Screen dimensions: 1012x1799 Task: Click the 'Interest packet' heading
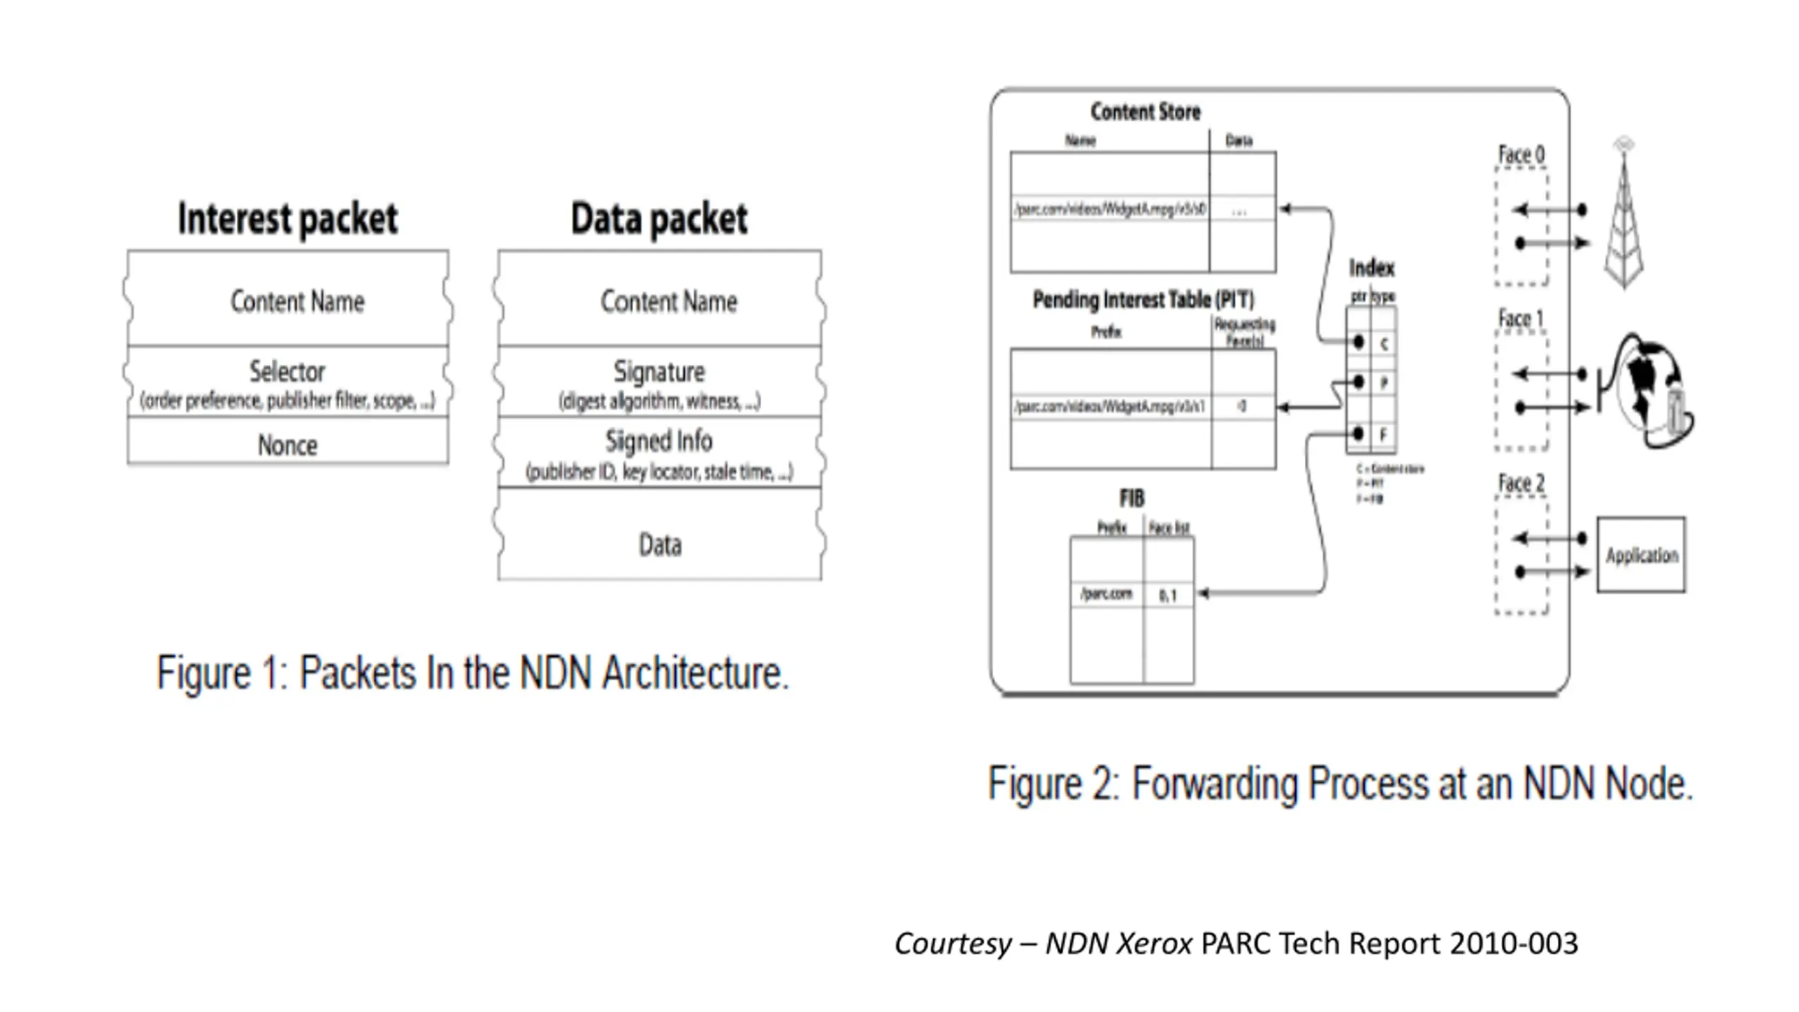click(x=287, y=219)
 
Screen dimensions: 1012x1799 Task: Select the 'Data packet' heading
click(x=659, y=219)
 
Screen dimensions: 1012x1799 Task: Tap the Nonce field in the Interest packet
click(x=287, y=445)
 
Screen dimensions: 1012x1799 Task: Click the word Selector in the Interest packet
click(x=287, y=371)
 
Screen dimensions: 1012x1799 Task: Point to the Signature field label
click(x=659, y=371)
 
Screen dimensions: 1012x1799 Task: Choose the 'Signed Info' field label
click(x=659, y=441)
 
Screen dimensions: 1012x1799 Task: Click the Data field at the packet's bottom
click(x=660, y=545)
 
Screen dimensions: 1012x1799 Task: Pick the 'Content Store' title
click(x=1145, y=111)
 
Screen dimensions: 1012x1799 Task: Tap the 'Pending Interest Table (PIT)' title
click(x=1143, y=300)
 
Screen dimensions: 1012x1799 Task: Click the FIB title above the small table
click(x=1131, y=498)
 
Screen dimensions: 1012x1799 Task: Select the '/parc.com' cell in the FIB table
click(x=1107, y=594)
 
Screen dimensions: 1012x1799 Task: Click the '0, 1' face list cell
click(x=1168, y=596)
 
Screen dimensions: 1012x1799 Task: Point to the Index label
click(x=1371, y=268)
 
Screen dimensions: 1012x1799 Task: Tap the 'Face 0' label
click(x=1521, y=155)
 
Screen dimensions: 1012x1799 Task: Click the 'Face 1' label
click(x=1521, y=319)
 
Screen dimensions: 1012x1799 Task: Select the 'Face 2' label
click(x=1521, y=484)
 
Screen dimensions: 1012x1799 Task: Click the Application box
click(x=1642, y=555)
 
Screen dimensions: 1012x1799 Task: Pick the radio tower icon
click(x=1624, y=214)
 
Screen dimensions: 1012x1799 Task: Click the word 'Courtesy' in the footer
click(x=953, y=943)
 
